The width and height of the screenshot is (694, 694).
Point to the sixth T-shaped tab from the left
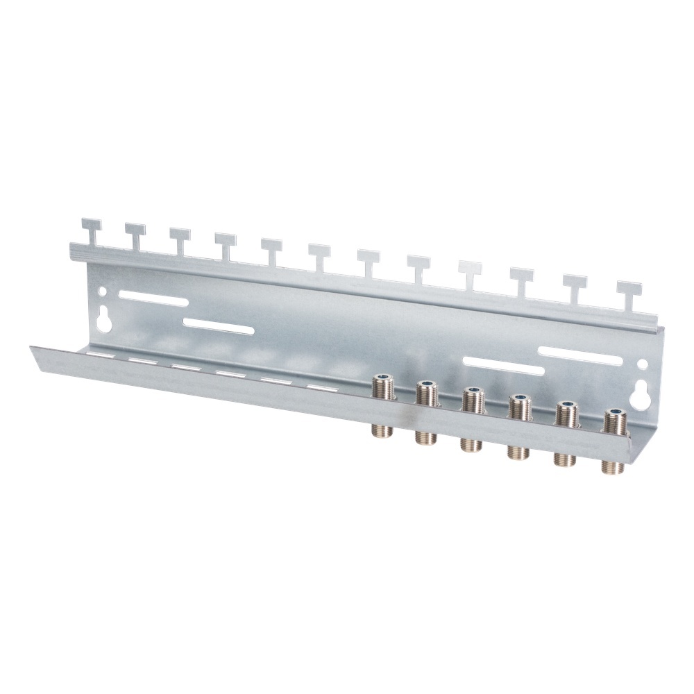coord(319,254)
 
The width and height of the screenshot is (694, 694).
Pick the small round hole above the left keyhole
coord(104,294)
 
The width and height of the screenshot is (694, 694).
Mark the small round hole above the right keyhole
coord(643,363)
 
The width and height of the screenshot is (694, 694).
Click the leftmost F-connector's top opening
coord(382,379)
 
